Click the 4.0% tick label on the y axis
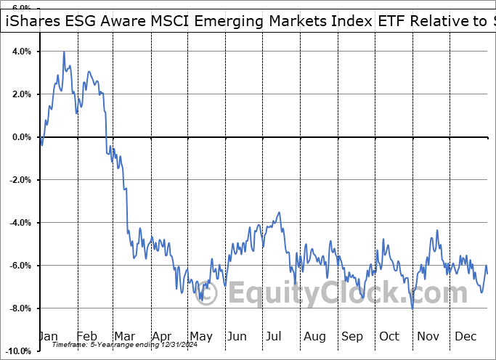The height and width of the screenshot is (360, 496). [21, 52]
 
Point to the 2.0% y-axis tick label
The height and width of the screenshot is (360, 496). [21, 94]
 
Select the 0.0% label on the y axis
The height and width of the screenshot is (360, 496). [21, 137]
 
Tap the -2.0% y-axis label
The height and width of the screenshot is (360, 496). [20, 180]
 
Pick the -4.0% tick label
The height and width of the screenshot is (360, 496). [20, 223]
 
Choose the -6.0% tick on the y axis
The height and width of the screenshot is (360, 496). [20, 266]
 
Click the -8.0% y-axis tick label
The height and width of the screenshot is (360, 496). [20, 308]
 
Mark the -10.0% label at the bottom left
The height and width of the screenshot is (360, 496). [17, 351]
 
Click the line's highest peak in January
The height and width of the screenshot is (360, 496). [64, 52]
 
